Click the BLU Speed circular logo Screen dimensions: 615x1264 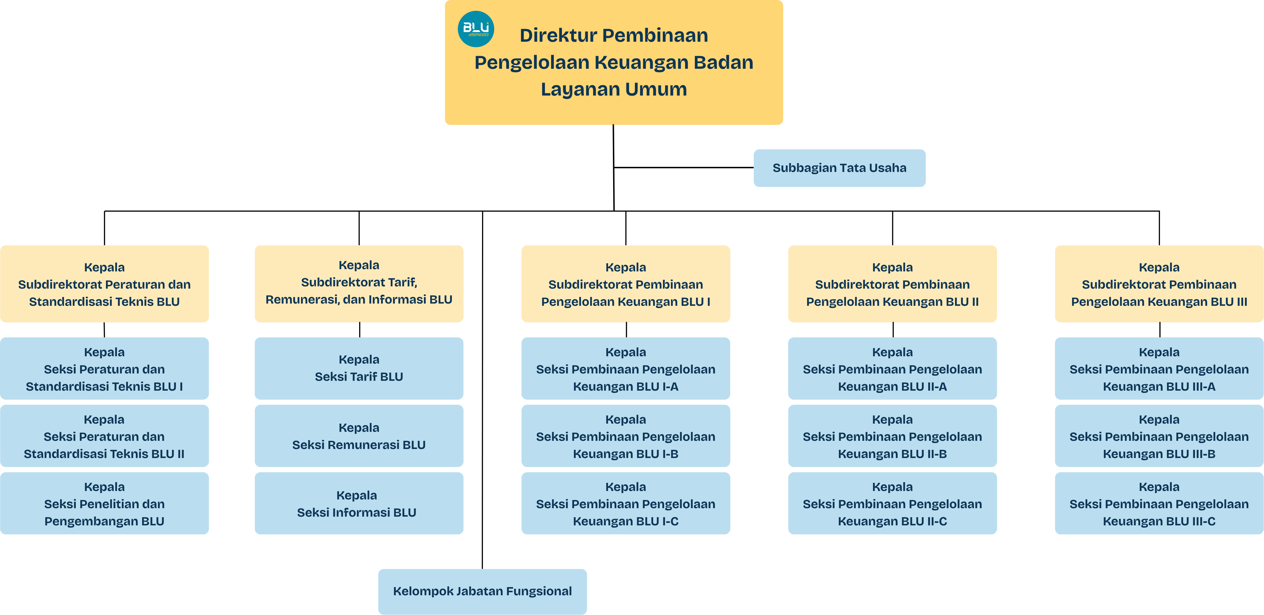tap(476, 29)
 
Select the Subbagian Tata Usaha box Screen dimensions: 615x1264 tap(839, 168)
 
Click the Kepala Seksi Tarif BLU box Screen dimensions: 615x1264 tap(359, 368)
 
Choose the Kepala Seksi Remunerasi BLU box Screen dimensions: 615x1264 tap(359, 436)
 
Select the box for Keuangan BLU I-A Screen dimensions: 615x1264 tap(625, 368)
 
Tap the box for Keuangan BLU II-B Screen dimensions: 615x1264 tap(892, 436)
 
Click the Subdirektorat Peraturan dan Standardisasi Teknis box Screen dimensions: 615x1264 tap(104, 284)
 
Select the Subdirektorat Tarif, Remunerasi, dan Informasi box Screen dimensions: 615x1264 tap(359, 284)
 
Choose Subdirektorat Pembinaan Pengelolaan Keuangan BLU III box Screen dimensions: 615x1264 tap(1159, 284)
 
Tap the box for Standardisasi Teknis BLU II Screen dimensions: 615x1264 tap(104, 436)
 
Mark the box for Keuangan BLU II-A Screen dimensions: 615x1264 tap(892, 368)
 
